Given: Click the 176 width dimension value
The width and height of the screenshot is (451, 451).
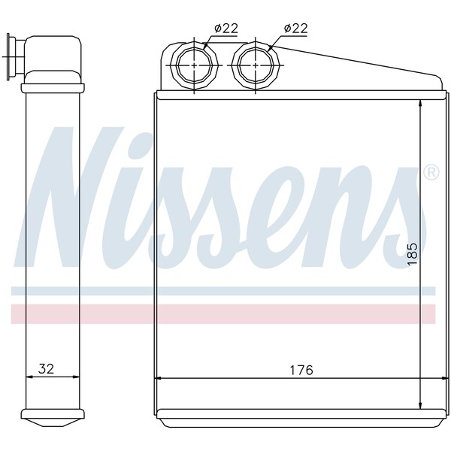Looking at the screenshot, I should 301,370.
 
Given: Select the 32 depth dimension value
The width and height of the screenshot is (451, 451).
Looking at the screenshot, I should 47,369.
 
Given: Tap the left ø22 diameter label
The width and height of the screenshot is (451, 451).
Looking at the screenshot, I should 226,29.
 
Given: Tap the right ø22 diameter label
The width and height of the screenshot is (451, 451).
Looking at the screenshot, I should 298,29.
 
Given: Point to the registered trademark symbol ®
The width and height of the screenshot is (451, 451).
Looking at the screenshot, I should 431,173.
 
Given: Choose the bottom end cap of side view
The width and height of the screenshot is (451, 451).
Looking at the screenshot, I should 53,414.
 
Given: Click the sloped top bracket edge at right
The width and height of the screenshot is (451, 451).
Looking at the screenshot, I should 361,62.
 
